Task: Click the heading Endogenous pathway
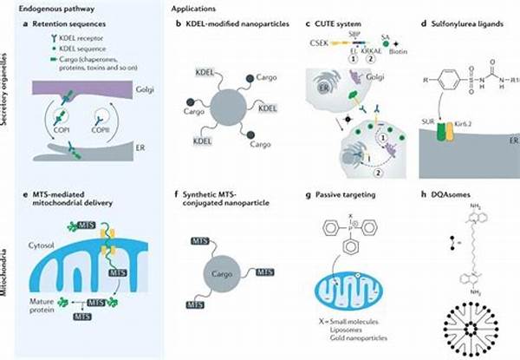click(x=46, y=5)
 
